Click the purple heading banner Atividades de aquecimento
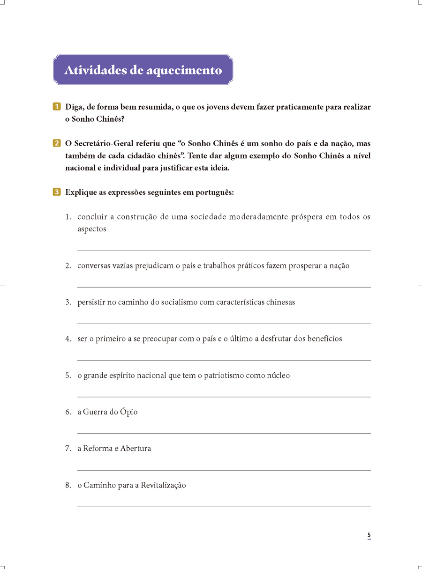[x=143, y=70]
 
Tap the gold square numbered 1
[x=56, y=107]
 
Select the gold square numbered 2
[x=56, y=143]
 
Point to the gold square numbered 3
[x=56, y=192]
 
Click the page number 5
[x=369, y=535]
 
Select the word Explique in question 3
[x=80, y=192]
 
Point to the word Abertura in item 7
[x=136, y=449]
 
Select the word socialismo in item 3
[x=174, y=302]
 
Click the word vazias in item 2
[x=123, y=266]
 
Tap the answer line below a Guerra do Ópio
[x=224, y=433]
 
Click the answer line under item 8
[x=224, y=506]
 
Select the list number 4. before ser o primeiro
[x=68, y=339]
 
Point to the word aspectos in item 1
[x=92, y=229]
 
